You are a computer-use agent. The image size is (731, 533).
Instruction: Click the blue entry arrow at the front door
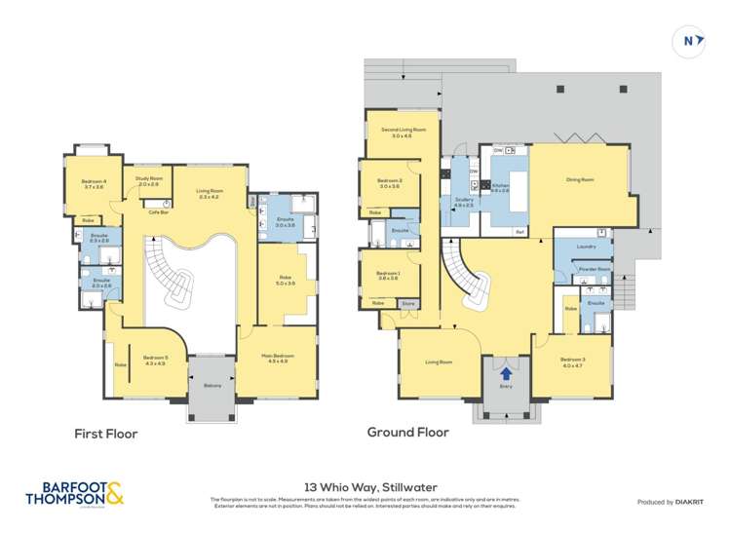(505, 370)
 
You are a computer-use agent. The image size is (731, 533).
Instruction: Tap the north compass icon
(688, 42)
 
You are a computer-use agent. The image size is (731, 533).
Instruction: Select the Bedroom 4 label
(93, 182)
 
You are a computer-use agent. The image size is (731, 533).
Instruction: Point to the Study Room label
(148, 179)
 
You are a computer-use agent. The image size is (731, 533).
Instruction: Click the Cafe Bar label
(154, 211)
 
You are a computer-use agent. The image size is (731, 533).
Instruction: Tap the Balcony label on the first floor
(212, 385)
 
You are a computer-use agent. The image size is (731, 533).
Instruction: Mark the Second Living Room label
(403, 132)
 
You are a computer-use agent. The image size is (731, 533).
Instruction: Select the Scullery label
(463, 201)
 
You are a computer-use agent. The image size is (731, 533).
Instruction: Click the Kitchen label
(500, 186)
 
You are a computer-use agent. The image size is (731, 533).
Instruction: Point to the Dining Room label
(581, 179)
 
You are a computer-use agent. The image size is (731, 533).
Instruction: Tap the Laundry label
(586, 247)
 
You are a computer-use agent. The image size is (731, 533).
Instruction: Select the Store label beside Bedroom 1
(408, 303)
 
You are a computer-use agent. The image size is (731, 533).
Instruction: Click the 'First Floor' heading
(106, 434)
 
